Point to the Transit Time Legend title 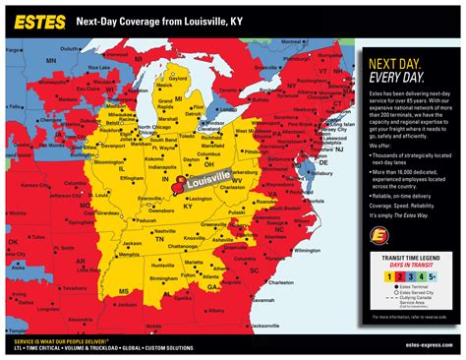click(x=414, y=253)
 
